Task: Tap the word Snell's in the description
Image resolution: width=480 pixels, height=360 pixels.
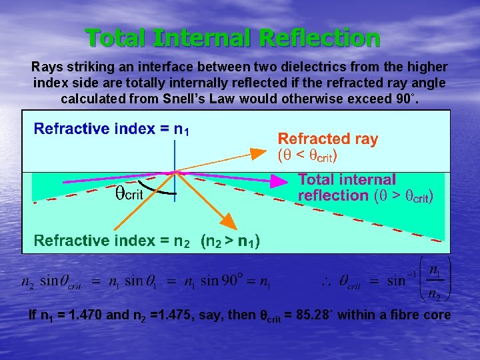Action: (x=189, y=99)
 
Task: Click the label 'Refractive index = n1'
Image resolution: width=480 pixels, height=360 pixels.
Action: (x=112, y=129)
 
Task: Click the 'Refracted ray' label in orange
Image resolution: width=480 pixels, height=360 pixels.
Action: (x=327, y=139)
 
